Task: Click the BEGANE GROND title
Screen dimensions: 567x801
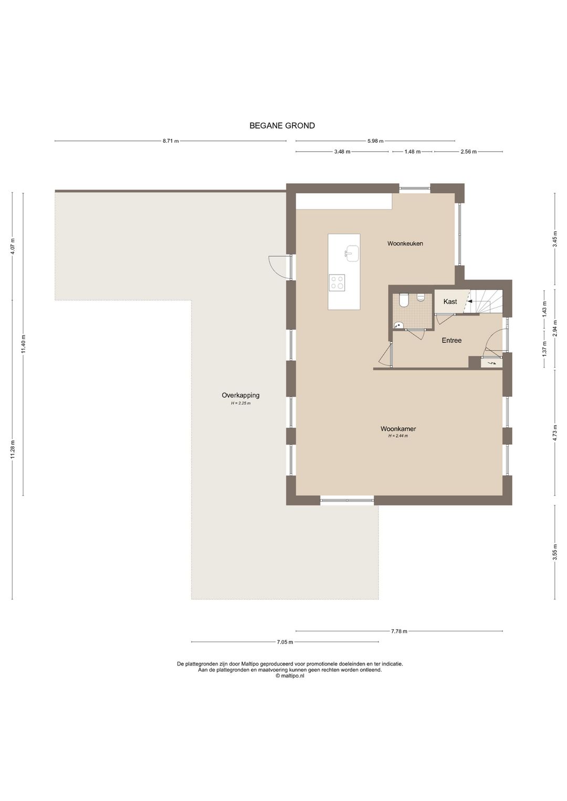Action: (x=282, y=125)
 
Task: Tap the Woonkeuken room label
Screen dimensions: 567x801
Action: (x=405, y=244)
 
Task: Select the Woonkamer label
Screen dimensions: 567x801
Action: (x=398, y=428)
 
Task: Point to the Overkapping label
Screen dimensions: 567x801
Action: (x=240, y=395)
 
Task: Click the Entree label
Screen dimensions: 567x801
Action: (x=451, y=341)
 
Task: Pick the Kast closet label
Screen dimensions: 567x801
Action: (x=450, y=301)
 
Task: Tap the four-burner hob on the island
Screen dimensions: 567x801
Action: (x=337, y=282)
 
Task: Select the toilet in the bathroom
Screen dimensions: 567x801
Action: (x=403, y=300)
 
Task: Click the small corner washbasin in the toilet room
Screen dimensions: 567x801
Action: (x=398, y=325)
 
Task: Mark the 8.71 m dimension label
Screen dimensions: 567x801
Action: (x=171, y=141)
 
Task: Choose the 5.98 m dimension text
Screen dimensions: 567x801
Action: (x=375, y=141)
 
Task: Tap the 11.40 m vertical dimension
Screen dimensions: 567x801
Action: (x=23, y=344)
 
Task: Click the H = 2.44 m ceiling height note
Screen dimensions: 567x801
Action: (x=398, y=436)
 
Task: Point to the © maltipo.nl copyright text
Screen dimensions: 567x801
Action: (x=290, y=676)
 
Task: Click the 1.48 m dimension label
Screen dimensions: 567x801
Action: (x=412, y=152)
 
